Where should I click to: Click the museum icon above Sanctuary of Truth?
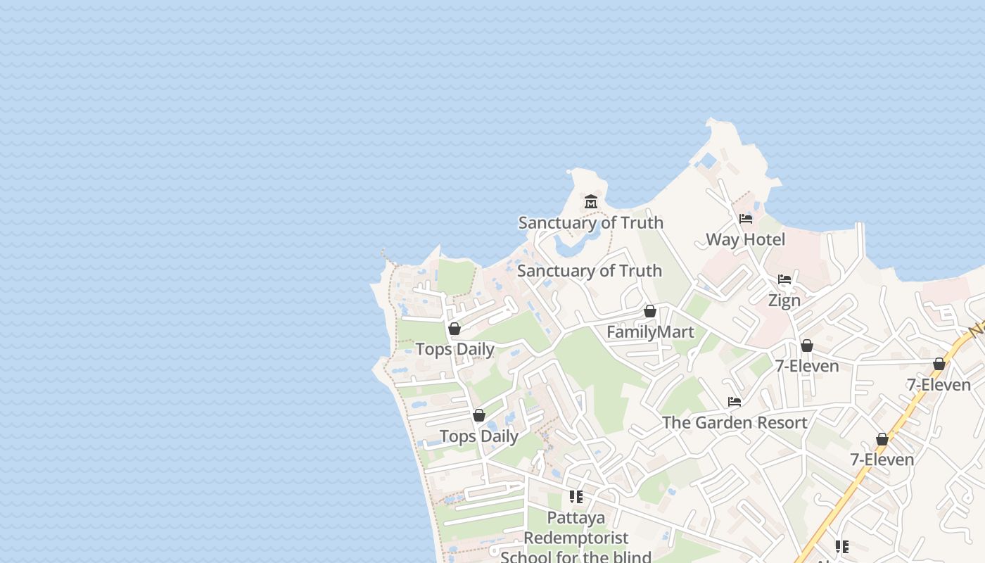[590, 202]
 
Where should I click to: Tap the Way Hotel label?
[745, 239]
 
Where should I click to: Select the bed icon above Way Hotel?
[746, 219]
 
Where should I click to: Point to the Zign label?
[784, 301]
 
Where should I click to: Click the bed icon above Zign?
[784, 279]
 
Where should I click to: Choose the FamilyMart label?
[650, 332]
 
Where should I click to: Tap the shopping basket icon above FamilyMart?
[650, 311]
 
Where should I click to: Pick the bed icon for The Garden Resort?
[735, 402]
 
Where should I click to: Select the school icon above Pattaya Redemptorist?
[576, 497]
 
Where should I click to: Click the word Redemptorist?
[576, 538]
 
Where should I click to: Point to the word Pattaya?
[576, 519]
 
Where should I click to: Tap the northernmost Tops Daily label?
[455, 350]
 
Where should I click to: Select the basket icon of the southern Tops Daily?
[479, 415]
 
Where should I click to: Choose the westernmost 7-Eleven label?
[807, 367]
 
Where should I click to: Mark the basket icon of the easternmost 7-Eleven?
[939, 364]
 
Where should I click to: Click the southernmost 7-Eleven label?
[882, 460]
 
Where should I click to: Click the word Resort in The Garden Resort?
[780, 423]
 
